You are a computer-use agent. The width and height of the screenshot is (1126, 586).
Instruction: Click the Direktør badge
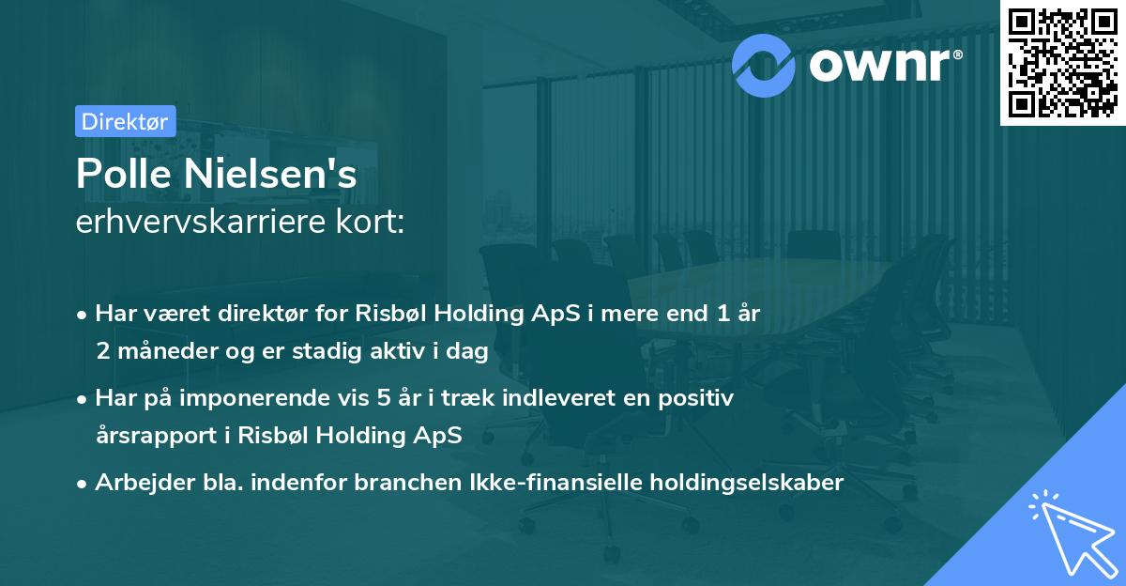pos(125,121)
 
